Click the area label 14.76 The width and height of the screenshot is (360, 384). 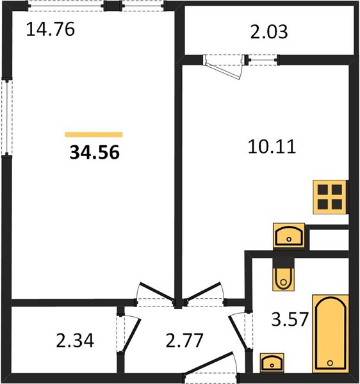click(x=50, y=29)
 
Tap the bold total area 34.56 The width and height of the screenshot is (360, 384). click(x=95, y=152)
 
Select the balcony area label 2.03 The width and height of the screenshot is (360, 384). click(x=269, y=32)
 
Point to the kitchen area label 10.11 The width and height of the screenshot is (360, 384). click(x=272, y=147)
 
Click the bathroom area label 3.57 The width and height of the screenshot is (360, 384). click(x=290, y=319)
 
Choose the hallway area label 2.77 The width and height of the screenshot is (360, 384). click(x=184, y=340)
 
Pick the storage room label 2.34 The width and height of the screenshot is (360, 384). click(x=75, y=340)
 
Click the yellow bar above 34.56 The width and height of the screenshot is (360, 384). click(x=94, y=134)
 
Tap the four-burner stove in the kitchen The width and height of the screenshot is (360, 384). click(x=330, y=197)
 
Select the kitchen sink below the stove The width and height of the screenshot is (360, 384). click(x=289, y=236)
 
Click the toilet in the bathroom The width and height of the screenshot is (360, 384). click(x=284, y=275)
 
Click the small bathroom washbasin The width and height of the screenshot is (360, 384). click(x=272, y=363)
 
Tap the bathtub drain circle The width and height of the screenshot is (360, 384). click(x=330, y=363)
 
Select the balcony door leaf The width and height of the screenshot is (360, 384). click(x=223, y=70)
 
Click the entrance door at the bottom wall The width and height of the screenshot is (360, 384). click(x=209, y=363)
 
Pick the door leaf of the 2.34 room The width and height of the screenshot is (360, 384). click(x=131, y=335)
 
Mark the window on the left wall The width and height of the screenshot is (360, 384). click(x=7, y=117)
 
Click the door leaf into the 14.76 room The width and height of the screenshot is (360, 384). click(x=157, y=291)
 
